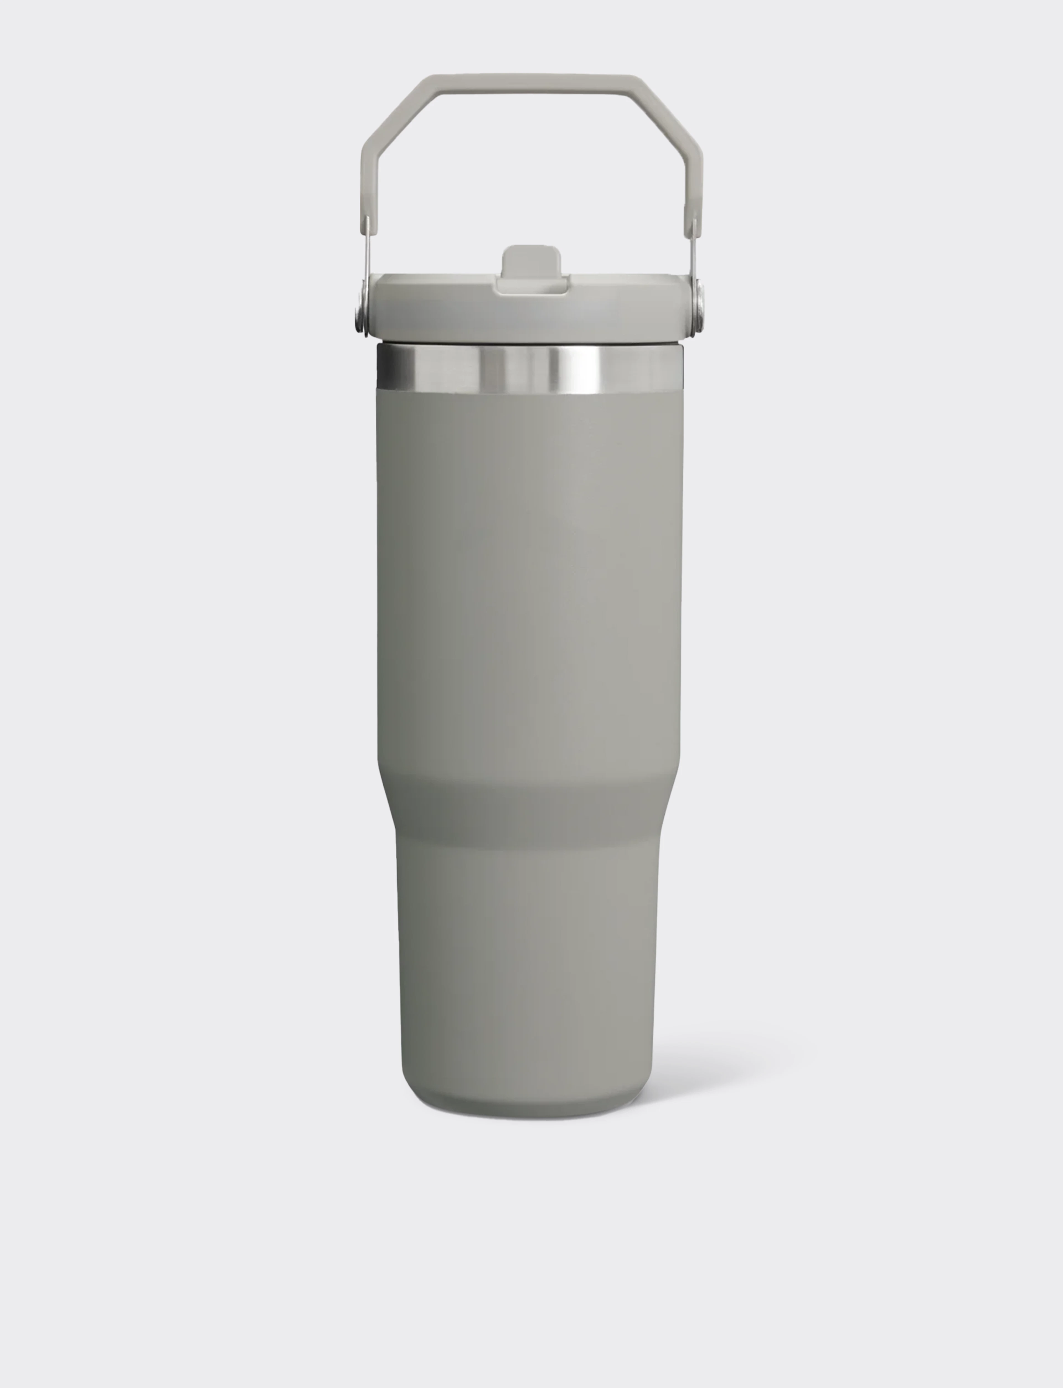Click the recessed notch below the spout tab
point(531,288)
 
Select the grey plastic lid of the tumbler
point(443,310)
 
